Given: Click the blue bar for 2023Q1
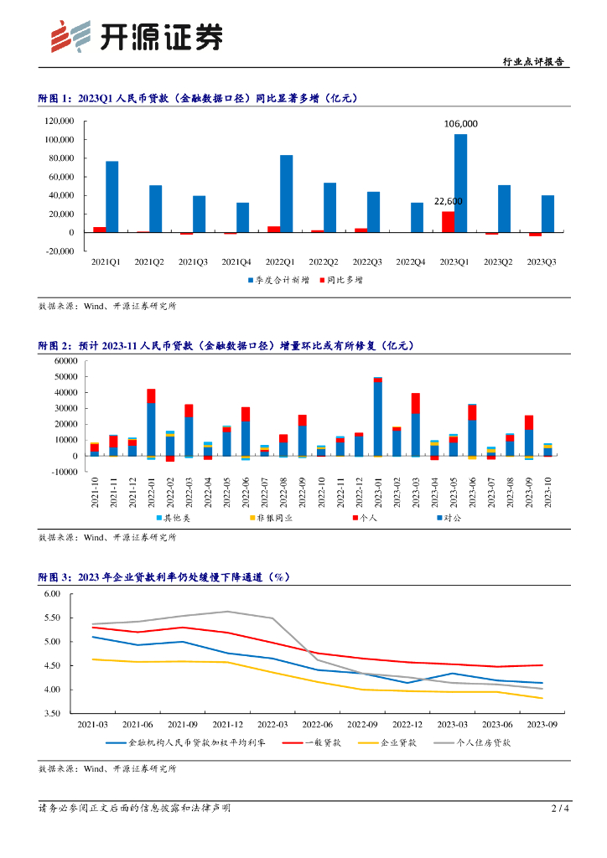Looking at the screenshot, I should point(460,183).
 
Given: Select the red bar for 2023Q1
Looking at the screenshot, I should point(449,222).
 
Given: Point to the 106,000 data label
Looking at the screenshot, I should point(460,124).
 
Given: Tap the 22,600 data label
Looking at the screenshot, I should point(448,201).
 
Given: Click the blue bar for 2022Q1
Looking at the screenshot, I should point(287,194).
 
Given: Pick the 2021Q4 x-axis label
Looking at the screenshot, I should point(236,261).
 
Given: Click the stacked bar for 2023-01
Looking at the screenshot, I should point(378,416).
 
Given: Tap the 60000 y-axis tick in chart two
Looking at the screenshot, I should point(65,360).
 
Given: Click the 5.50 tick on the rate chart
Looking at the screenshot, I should point(53,618).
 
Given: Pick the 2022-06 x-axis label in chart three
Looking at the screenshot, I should point(318,724).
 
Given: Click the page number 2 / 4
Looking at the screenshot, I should point(560,809).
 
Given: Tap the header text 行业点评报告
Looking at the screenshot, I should point(532,62).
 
